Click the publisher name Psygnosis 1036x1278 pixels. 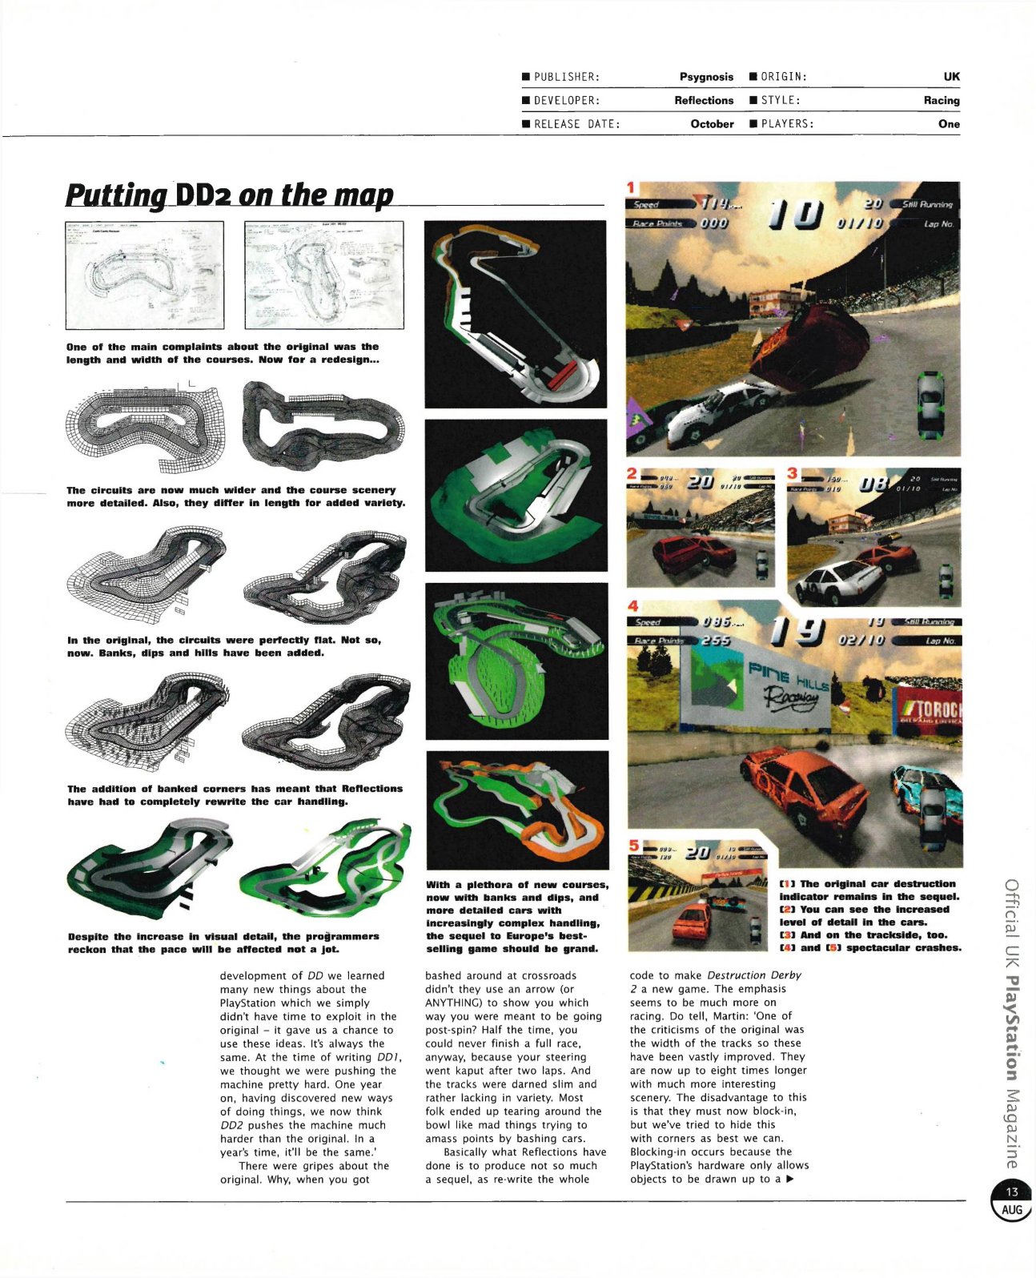[x=705, y=77]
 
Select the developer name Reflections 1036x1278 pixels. [x=703, y=100]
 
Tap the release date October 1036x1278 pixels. [x=712, y=124]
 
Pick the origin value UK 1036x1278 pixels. [x=950, y=77]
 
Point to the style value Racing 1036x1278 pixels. [x=941, y=100]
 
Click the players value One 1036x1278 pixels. [x=949, y=124]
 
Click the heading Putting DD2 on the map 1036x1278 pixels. [x=230, y=195]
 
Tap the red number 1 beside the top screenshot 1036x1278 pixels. [x=631, y=187]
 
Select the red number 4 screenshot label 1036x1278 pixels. [x=632, y=606]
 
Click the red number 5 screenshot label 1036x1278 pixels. [x=633, y=846]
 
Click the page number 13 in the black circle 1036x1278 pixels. [x=1012, y=1192]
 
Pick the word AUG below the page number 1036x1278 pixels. [x=1012, y=1209]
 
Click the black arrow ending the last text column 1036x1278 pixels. [x=789, y=1179]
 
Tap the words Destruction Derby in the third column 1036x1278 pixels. [x=754, y=975]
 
